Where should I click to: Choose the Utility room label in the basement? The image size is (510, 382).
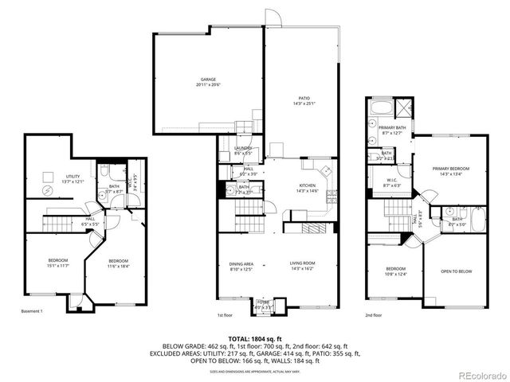tap(73, 179)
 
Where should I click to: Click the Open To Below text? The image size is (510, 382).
tap(457, 271)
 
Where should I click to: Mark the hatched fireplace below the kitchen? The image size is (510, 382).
tap(304, 228)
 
